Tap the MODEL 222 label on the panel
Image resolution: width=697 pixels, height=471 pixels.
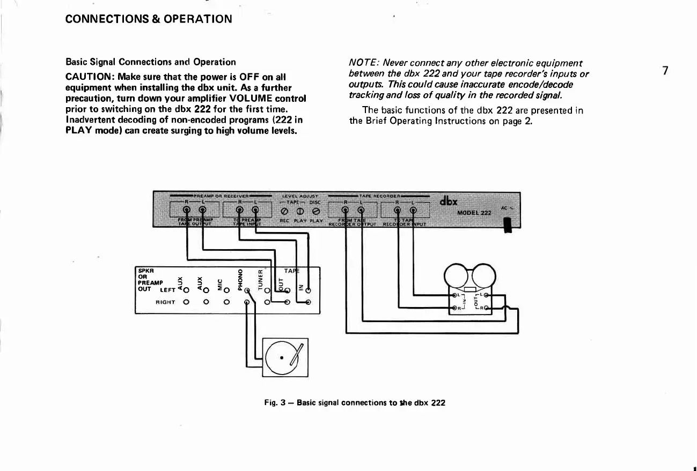click(x=474, y=213)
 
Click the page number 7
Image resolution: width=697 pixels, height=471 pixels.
click(x=665, y=71)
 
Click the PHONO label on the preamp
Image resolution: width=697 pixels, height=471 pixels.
click(x=240, y=278)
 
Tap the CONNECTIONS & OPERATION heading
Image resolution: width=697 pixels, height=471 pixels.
click(x=149, y=19)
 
